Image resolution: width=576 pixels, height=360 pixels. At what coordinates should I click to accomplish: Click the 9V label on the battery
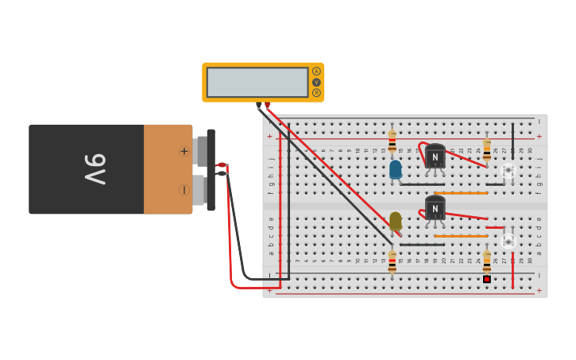tap(95, 168)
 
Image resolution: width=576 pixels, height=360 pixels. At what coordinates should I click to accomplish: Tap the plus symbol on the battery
tap(184, 151)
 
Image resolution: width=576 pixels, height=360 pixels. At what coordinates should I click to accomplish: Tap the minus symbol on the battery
tap(184, 190)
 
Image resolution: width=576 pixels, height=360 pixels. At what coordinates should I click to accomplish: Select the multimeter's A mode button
tap(316, 72)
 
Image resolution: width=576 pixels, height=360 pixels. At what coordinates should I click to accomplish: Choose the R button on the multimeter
tap(316, 93)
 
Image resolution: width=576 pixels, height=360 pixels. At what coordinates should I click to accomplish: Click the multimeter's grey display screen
tap(257, 82)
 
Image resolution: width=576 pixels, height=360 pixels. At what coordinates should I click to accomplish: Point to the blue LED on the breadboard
tap(395, 169)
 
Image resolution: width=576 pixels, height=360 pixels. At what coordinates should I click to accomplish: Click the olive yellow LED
tap(395, 220)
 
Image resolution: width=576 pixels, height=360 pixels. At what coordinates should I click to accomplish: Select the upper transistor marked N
tap(435, 157)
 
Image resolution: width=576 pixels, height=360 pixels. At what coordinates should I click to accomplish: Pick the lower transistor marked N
tap(435, 209)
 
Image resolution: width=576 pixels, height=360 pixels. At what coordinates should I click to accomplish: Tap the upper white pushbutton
tap(508, 170)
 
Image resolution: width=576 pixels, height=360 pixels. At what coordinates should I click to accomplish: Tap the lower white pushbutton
tap(508, 240)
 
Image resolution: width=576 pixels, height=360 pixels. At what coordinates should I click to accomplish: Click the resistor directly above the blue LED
tap(392, 141)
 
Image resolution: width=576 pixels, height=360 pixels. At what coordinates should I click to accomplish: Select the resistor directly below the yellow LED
tap(392, 262)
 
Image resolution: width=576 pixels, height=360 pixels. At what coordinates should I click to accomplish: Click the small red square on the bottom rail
tap(487, 279)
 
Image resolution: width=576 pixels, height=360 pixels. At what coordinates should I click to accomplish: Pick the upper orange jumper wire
tap(461, 192)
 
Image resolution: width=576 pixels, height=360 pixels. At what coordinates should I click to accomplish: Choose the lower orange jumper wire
tap(461, 236)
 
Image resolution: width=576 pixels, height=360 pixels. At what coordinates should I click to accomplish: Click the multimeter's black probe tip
tap(258, 105)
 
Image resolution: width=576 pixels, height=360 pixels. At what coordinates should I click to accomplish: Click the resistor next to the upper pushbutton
tap(487, 149)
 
